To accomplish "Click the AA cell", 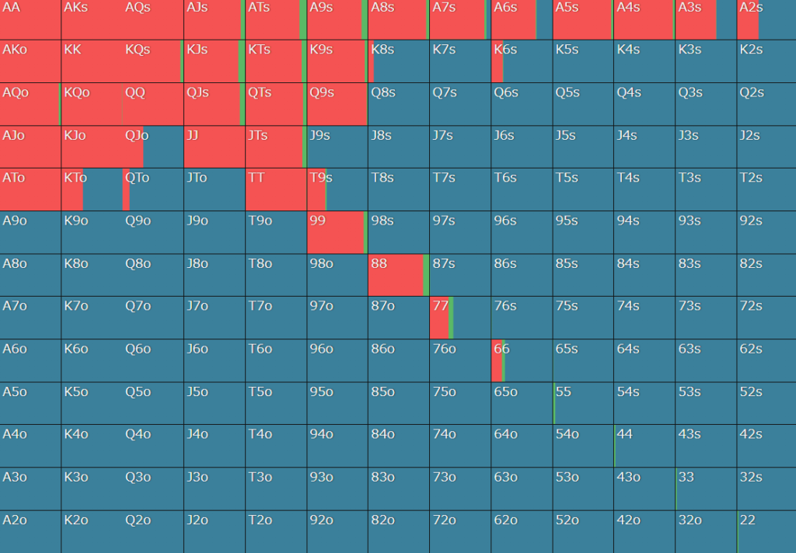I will tap(30, 19).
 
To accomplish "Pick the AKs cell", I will tap(92, 19).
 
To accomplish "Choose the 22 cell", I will tap(766, 531).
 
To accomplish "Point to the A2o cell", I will tap(30, 531).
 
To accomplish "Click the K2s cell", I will tap(766, 61).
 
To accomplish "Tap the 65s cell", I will tap(583, 360).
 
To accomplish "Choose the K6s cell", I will tap(522, 61).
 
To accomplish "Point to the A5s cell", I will tap(583, 19).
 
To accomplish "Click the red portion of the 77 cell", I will tap(439, 318).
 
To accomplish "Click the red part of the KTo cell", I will tap(72, 190).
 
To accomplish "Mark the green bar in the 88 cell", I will tap(426, 275).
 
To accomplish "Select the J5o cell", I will tap(215, 403).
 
